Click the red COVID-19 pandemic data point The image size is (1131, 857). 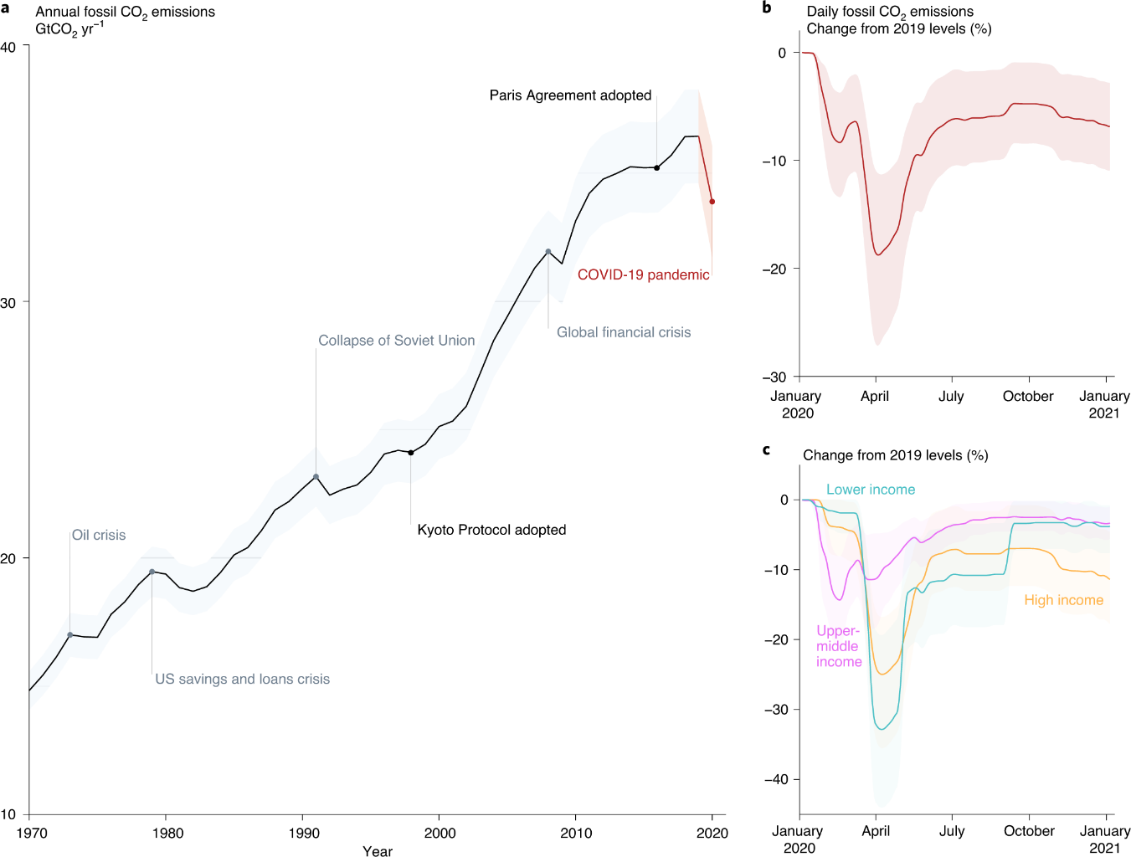click(712, 202)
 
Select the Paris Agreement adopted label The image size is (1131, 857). click(570, 95)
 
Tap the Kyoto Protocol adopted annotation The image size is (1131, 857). click(491, 530)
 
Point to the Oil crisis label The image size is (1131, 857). click(99, 535)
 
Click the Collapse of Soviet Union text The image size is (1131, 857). click(396, 341)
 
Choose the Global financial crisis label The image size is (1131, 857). click(624, 332)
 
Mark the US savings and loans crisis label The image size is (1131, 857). click(242, 679)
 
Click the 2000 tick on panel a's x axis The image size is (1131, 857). click(440, 833)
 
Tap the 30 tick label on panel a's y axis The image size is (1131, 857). click(8, 303)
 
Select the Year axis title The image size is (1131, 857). click(378, 850)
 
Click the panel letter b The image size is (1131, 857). click(767, 8)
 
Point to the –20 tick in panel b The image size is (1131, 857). click(774, 269)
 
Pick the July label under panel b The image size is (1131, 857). click(951, 396)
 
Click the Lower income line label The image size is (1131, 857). click(871, 490)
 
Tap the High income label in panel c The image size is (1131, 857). click(1063, 600)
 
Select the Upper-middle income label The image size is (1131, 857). click(839, 646)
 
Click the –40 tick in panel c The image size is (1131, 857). click(776, 779)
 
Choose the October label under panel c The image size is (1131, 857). click(1029, 831)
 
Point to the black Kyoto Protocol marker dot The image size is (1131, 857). click(410, 453)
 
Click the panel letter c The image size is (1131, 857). click(766, 450)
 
